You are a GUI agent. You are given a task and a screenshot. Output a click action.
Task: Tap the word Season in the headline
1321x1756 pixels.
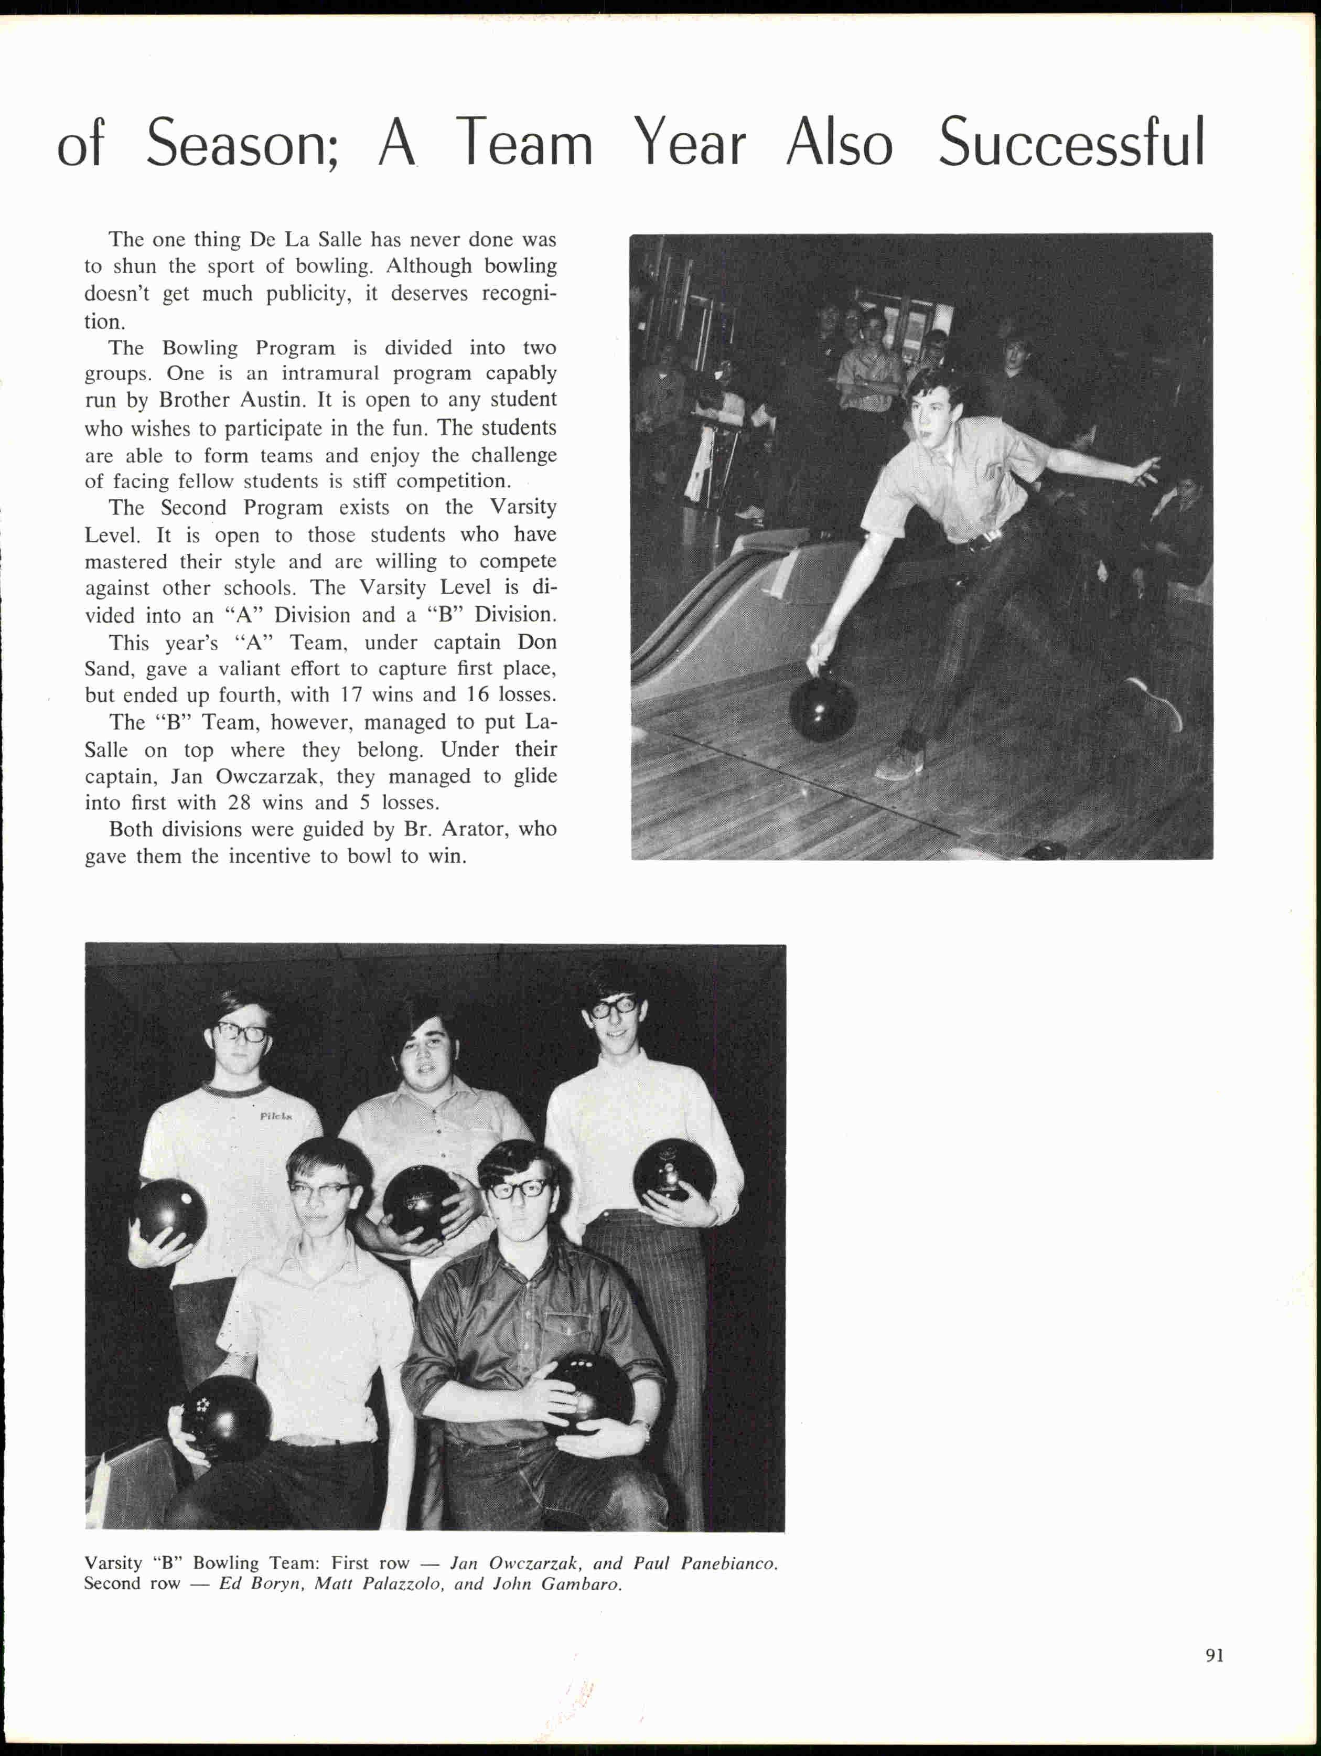243,144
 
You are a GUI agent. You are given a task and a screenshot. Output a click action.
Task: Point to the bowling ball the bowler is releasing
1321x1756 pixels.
823,708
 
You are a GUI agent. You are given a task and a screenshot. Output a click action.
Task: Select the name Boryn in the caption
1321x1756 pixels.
278,1584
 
